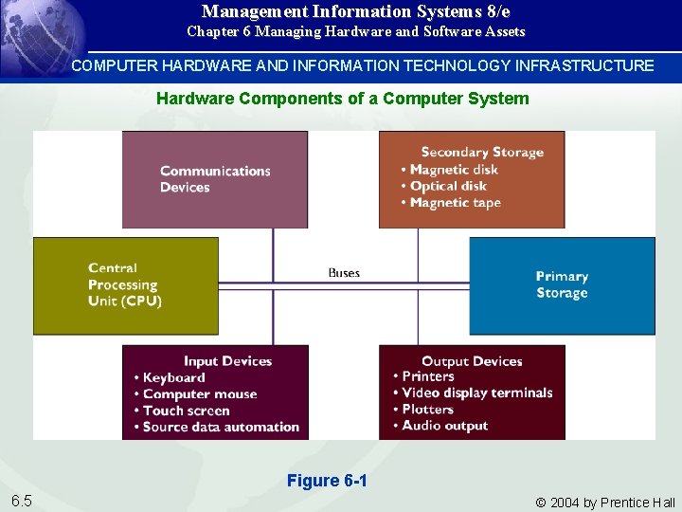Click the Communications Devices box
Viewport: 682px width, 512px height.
click(215, 179)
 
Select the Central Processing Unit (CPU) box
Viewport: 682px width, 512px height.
click(125, 284)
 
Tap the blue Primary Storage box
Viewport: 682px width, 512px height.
click(562, 284)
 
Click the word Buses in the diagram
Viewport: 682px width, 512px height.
click(344, 273)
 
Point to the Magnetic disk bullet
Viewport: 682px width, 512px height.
click(453, 170)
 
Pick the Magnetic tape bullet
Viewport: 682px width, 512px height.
click(455, 202)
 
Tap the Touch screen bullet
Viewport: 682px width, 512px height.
click(186, 411)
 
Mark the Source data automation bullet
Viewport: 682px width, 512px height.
click(221, 427)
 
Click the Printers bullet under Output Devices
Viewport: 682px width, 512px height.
click(427, 376)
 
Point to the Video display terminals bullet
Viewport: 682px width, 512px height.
click(476, 393)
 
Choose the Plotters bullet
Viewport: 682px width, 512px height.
click(427, 410)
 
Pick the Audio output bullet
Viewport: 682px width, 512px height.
click(444, 426)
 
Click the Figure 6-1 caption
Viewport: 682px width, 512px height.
click(327, 481)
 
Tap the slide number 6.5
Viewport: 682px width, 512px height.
click(21, 501)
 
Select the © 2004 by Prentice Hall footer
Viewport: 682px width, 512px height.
click(605, 503)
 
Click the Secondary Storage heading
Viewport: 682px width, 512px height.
click(482, 152)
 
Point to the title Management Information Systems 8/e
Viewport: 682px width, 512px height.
click(355, 11)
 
